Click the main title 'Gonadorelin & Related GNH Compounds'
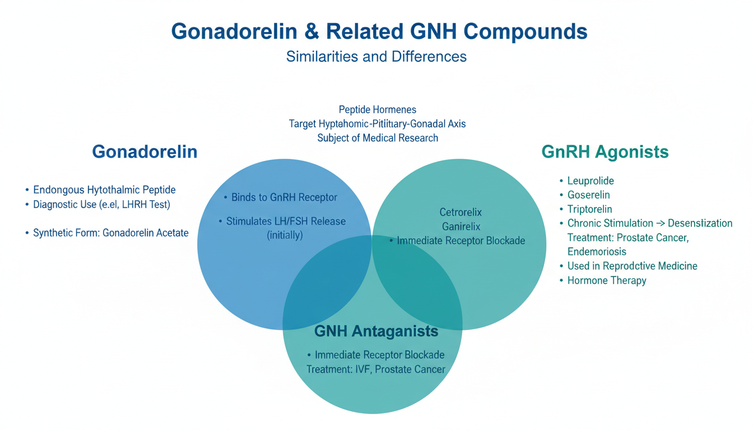[379, 31]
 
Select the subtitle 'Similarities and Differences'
[376, 57]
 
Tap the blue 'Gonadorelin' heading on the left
[145, 152]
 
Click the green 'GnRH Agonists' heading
[605, 152]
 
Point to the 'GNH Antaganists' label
[376, 331]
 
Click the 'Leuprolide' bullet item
[591, 181]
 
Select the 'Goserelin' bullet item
[588, 195]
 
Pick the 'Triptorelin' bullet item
[589, 209]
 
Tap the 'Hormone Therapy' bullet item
[607, 280]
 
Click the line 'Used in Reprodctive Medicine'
[632, 266]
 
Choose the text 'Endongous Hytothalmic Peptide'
[104, 190]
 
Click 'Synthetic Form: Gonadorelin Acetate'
[110, 232]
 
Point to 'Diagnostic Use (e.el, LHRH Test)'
[101, 204]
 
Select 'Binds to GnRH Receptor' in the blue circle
[284, 198]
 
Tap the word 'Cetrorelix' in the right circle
[461, 213]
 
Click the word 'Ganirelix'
[461, 227]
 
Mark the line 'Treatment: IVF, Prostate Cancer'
[376, 369]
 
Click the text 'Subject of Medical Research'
[378, 137]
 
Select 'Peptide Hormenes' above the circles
[378, 109]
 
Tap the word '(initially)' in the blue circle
[285, 235]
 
